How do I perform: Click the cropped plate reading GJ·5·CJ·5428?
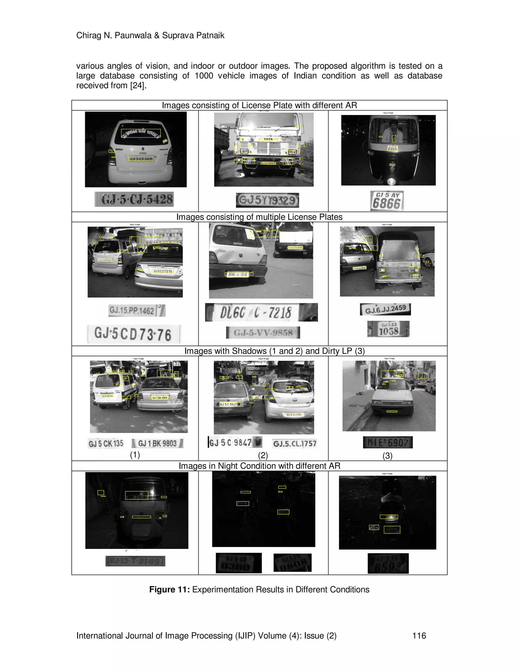pyautogui.click(x=134, y=199)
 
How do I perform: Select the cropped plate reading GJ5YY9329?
pyautogui.click(x=267, y=200)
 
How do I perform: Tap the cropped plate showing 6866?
pyautogui.click(x=387, y=201)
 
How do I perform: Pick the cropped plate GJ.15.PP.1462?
pyautogui.click(x=137, y=310)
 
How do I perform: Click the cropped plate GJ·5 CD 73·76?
pyautogui.click(x=134, y=334)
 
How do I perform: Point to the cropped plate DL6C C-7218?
pyautogui.click(x=261, y=312)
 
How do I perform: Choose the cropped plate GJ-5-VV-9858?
pyautogui.click(x=263, y=332)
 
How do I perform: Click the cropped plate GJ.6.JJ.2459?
pyautogui.click(x=385, y=309)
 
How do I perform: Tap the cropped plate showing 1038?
pyautogui.click(x=388, y=329)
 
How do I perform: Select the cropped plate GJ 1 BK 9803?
pyautogui.click(x=157, y=443)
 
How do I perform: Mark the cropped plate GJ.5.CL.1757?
pyautogui.click(x=294, y=443)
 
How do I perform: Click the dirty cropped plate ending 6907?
pyautogui.click(x=387, y=442)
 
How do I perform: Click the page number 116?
pyautogui.click(x=419, y=635)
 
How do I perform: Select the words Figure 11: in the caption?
pyautogui.click(x=170, y=589)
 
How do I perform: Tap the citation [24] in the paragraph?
pyautogui.click(x=137, y=85)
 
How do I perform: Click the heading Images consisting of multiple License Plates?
pyautogui.click(x=259, y=217)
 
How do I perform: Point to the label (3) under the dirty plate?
pyautogui.click(x=387, y=456)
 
